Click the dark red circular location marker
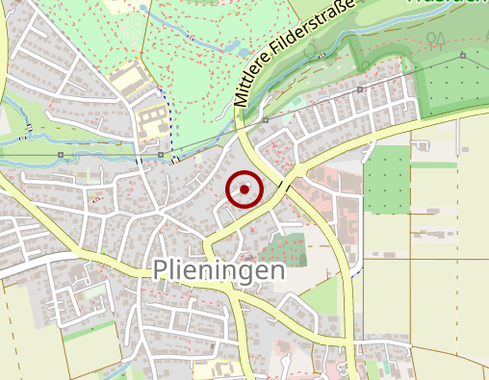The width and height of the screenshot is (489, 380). (x=244, y=190)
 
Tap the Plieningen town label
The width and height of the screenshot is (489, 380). (x=219, y=271)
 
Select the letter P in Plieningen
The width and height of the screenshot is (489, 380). (x=161, y=271)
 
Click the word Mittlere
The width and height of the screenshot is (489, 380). (x=253, y=84)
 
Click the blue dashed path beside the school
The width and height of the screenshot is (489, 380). (x=169, y=120)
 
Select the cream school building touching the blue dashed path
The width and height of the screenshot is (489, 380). (x=152, y=121)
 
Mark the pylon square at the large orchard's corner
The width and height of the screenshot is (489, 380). (x=463, y=55)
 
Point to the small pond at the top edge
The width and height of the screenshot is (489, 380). (x=144, y=9)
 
